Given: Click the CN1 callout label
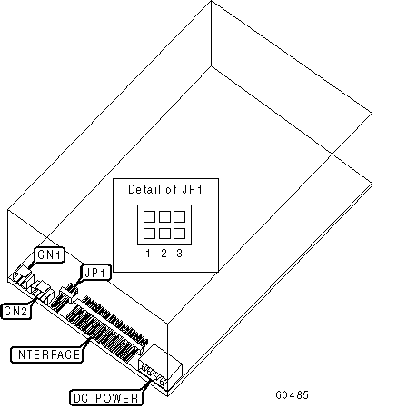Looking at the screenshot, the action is pyautogui.click(x=50, y=254).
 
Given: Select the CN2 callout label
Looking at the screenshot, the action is pyautogui.click(x=16, y=311).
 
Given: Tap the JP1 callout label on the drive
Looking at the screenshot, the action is pyautogui.click(x=95, y=273).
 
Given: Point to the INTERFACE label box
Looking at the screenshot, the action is pyautogui.click(x=47, y=354).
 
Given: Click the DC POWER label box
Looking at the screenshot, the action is pyautogui.click(x=106, y=397).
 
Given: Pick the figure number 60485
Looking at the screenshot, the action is pyautogui.click(x=293, y=394).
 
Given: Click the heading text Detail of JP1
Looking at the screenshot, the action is pyautogui.click(x=165, y=189).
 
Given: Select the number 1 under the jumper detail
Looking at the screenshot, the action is pyautogui.click(x=148, y=254).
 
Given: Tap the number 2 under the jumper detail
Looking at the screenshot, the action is pyautogui.click(x=164, y=254).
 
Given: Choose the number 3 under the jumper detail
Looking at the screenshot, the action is pyautogui.click(x=180, y=254).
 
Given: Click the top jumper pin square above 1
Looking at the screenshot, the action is pyautogui.click(x=149, y=216).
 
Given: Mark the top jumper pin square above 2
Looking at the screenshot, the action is pyautogui.click(x=164, y=216).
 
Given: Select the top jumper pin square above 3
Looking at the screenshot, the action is pyautogui.click(x=180, y=216).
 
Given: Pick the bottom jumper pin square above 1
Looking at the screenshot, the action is pyautogui.click(x=149, y=234).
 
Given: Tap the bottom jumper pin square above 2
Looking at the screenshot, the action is pyautogui.click(x=164, y=234).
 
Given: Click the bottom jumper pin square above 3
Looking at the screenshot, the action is pyautogui.click(x=180, y=234).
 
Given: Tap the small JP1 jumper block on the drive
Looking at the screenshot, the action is pyautogui.click(x=69, y=292).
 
